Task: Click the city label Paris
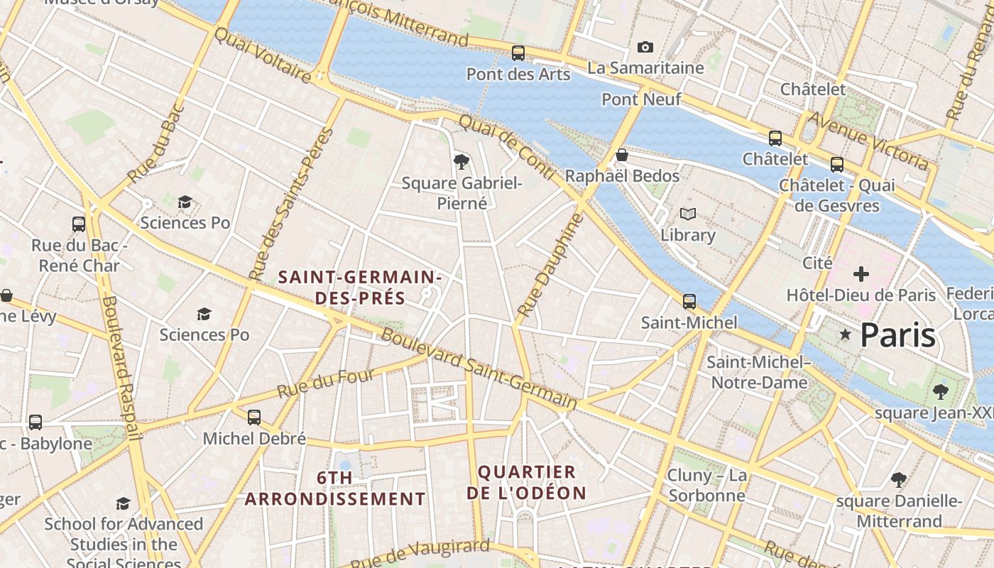(x=898, y=335)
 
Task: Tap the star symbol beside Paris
(x=845, y=334)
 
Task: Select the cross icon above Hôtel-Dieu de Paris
(x=861, y=274)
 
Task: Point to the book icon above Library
(x=687, y=214)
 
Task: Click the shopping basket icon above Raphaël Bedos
(x=622, y=155)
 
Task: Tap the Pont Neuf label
(x=641, y=99)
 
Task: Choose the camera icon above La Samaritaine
(x=645, y=48)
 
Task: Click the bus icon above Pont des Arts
(x=518, y=53)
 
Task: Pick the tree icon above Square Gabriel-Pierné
(x=461, y=162)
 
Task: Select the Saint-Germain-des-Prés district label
(x=360, y=287)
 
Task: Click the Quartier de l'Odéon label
(x=526, y=482)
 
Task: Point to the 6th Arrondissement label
(x=335, y=488)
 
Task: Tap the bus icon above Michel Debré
(x=254, y=417)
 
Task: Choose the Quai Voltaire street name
(x=262, y=55)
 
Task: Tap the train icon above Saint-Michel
(x=689, y=302)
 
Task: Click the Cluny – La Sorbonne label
(x=706, y=485)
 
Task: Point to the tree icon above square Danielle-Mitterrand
(x=899, y=480)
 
